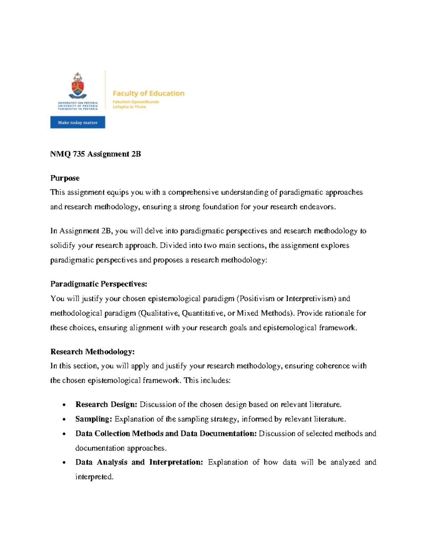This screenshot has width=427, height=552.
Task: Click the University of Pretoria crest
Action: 78,85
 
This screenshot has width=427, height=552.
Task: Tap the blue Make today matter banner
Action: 78,122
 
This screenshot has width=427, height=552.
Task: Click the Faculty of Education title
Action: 148,93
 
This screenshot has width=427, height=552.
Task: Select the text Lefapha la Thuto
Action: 129,107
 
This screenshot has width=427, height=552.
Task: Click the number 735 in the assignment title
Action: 79,154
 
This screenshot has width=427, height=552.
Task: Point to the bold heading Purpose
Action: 65,178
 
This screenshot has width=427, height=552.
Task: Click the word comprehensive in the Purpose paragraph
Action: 193,192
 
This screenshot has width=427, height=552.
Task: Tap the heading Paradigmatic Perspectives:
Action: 99,284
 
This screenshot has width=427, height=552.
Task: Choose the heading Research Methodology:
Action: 92,352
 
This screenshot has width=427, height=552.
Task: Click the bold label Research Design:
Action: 106,404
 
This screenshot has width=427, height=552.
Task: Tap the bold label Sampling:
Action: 94,419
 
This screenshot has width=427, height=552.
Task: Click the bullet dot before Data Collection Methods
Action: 64,434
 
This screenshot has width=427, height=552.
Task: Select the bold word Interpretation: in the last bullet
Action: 176,462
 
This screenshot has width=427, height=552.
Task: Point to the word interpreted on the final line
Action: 94,477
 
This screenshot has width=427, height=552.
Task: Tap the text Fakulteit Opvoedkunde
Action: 136,102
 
